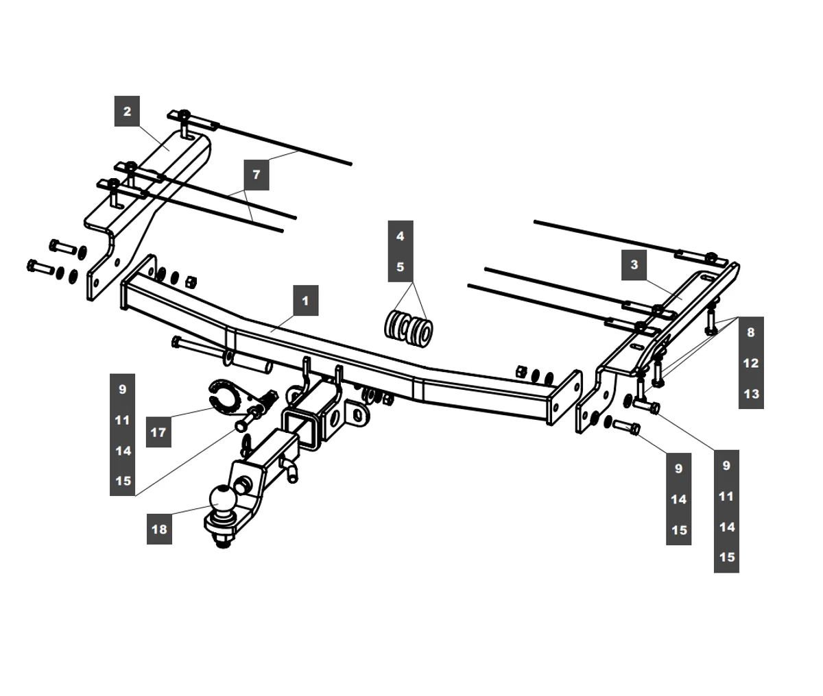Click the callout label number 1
pos(305,301)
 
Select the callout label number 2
pos(127,111)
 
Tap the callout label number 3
pos(634,264)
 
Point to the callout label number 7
pos(256,175)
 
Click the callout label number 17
pos(158,432)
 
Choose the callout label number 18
pos(158,529)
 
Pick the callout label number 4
pos(401,236)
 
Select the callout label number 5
pos(401,266)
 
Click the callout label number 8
pos(751,332)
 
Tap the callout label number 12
pos(751,363)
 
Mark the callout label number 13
pos(751,394)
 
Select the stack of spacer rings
pos(408,327)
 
